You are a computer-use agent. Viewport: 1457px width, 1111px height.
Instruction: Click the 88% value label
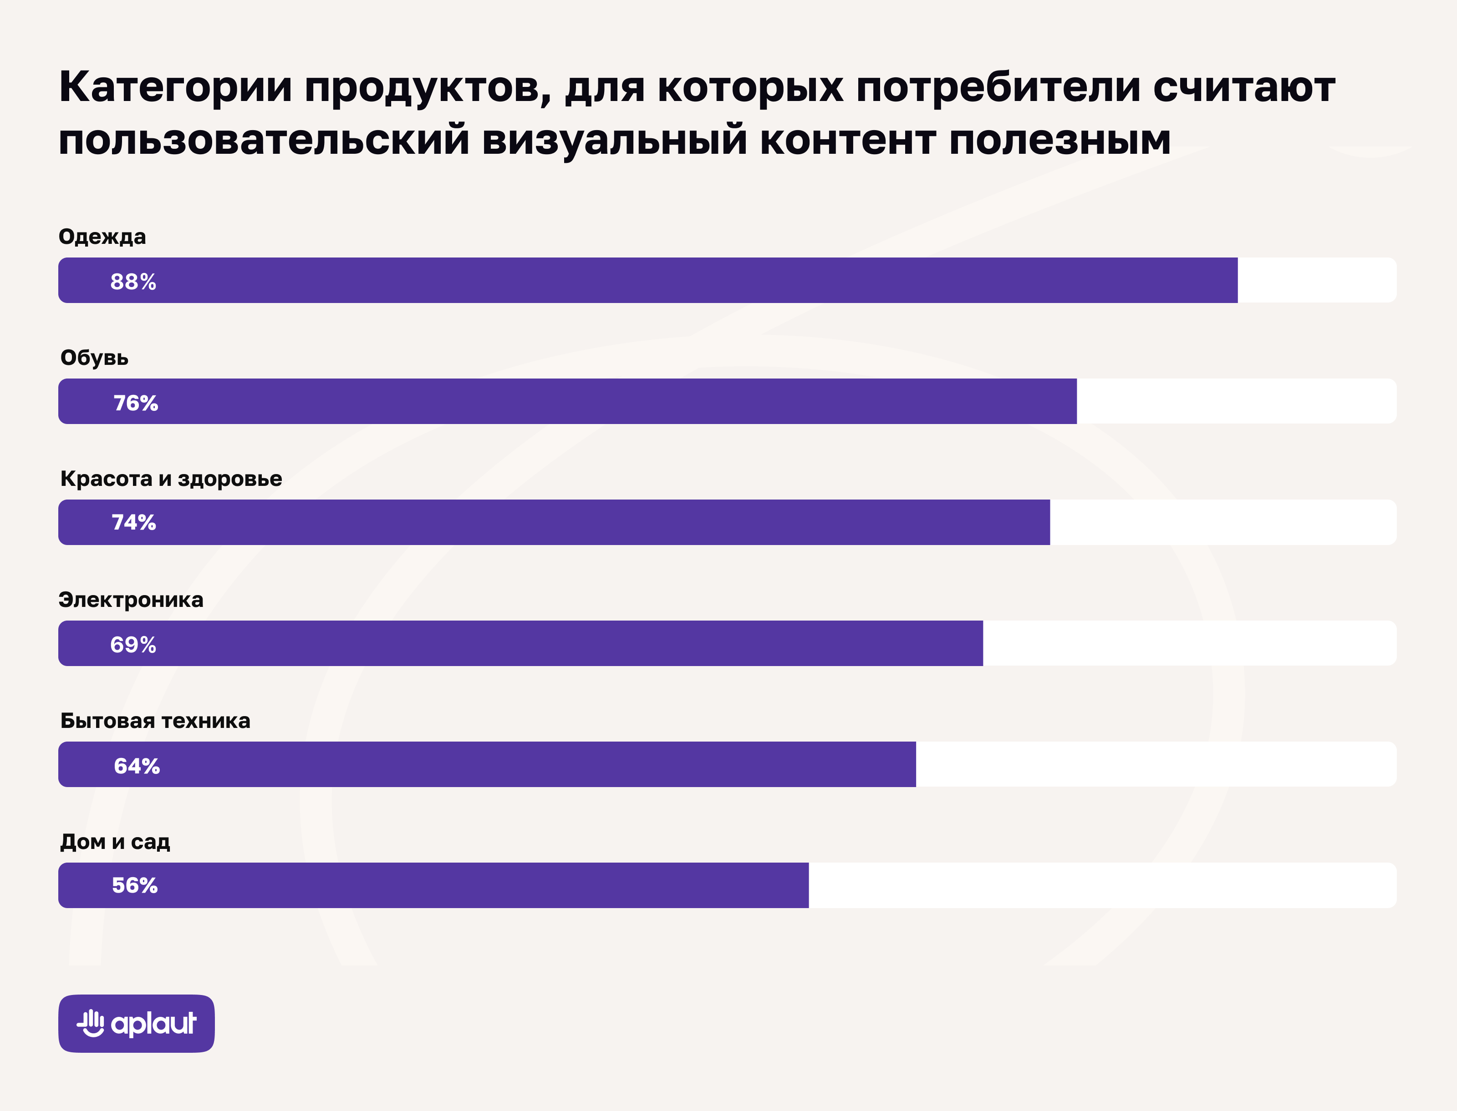[133, 281]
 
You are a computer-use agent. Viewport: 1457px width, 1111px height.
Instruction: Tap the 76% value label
[136, 402]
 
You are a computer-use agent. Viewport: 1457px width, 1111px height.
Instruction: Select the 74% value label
[134, 522]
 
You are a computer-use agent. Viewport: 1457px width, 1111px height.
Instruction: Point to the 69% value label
[133, 644]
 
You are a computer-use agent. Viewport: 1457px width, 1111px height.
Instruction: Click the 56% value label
[135, 885]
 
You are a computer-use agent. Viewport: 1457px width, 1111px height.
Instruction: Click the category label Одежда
[102, 236]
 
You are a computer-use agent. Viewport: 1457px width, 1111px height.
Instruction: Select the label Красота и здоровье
[171, 478]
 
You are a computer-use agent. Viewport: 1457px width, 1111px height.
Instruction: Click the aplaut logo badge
[136, 1023]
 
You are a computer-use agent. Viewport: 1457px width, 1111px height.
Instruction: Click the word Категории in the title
[175, 87]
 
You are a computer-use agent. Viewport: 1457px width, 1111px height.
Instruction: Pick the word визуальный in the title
[615, 140]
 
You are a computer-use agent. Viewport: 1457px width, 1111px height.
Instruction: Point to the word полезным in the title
[1060, 140]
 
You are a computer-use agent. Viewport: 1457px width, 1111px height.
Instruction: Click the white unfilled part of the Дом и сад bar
[1102, 885]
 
